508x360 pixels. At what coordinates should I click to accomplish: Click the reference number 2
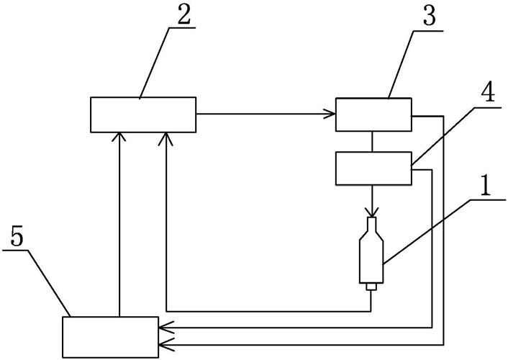point(183,13)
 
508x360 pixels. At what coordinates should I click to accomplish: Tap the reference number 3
point(430,14)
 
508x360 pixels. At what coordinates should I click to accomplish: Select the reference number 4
point(487,91)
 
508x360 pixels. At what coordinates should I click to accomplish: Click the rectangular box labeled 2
point(143,114)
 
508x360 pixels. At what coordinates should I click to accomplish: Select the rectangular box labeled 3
point(373,114)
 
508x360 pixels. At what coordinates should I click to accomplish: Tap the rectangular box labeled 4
point(373,168)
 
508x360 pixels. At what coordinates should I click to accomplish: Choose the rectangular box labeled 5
point(111,337)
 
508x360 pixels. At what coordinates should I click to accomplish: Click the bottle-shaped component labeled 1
point(371,253)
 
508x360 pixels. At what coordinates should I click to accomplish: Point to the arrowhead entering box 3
point(330,114)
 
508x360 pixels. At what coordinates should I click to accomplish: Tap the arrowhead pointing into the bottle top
point(371,212)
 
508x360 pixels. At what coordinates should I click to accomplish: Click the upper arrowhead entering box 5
point(165,328)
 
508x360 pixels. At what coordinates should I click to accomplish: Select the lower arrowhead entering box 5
point(165,345)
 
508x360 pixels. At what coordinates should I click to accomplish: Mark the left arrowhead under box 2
point(119,138)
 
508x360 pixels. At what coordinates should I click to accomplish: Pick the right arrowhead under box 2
point(165,138)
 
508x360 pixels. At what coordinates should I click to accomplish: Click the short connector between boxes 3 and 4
point(372,142)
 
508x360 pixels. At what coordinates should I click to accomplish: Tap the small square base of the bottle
point(371,287)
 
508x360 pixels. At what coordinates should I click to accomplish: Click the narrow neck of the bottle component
point(371,224)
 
